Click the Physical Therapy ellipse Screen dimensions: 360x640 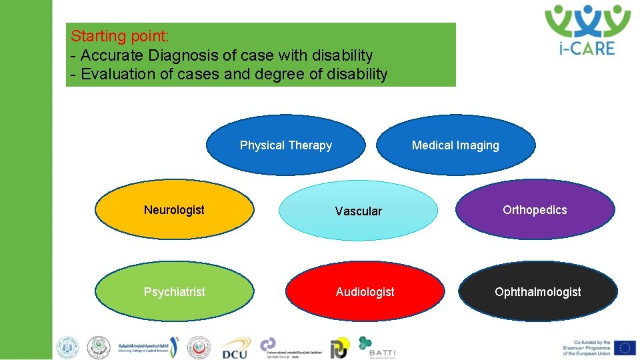point(285,145)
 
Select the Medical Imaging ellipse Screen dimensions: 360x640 point(455,145)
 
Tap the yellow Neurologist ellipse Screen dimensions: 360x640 point(174,210)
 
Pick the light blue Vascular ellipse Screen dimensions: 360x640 point(358,211)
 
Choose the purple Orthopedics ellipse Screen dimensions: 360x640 point(535,210)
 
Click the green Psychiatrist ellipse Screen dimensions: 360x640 point(174,292)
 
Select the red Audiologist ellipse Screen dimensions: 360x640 point(365,292)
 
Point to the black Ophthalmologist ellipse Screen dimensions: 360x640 point(537,292)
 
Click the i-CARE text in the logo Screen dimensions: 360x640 point(587,48)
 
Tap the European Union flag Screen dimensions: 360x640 point(625,347)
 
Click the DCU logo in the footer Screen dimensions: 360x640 point(234,349)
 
